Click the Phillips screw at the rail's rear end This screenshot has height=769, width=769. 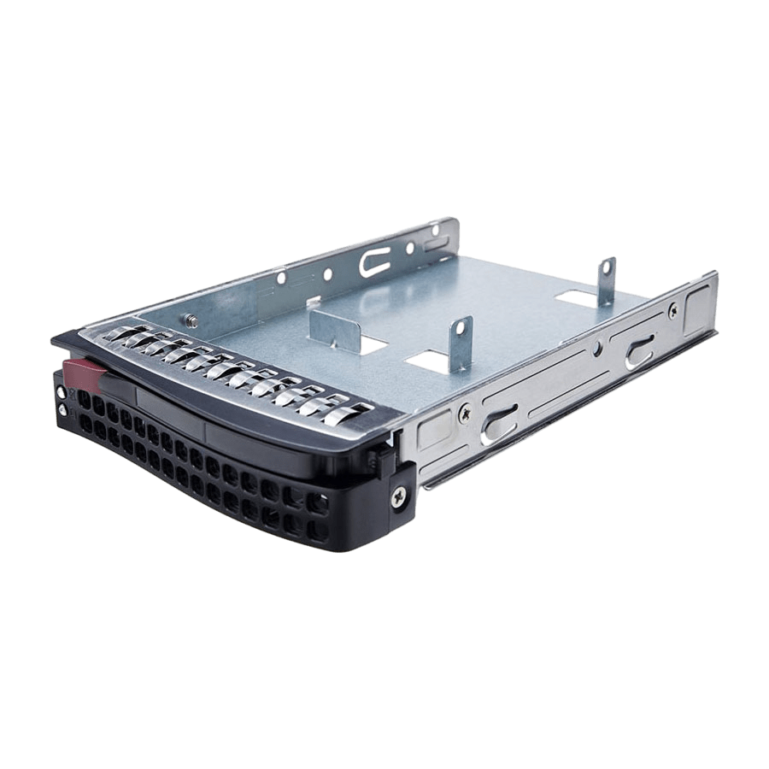click(672, 312)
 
